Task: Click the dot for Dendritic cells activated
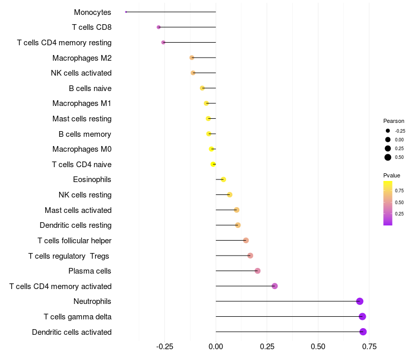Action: (363, 332)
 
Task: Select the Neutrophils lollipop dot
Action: (360, 301)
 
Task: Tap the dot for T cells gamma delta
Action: (362, 316)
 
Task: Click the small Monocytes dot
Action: (126, 12)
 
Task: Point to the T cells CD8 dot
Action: (159, 27)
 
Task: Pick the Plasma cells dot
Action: (257, 271)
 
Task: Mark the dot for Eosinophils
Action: (223, 179)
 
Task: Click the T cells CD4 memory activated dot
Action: (274, 286)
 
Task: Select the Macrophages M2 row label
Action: (82, 58)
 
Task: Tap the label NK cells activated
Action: (81, 73)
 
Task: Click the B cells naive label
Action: (90, 88)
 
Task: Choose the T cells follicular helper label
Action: (74, 241)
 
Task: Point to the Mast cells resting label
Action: (82, 119)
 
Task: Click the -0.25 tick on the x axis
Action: (164, 347)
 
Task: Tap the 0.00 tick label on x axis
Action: (216, 347)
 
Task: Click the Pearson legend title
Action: (394, 121)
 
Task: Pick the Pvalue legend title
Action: (391, 175)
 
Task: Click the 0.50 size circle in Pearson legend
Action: (388, 157)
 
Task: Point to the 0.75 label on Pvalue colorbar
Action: (399, 190)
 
